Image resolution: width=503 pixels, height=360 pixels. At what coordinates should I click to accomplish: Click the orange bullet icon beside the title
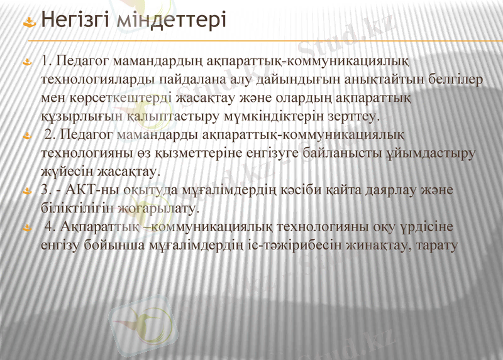point(29,23)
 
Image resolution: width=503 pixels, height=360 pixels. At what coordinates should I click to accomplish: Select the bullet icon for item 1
point(28,63)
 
